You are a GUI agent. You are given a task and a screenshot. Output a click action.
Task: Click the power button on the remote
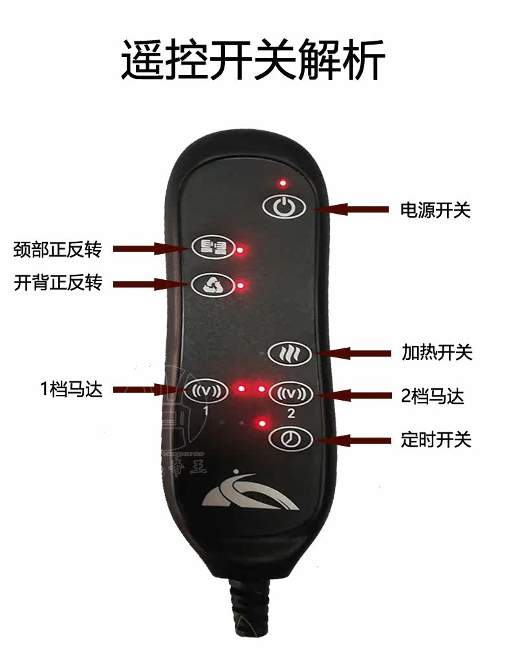[283, 207]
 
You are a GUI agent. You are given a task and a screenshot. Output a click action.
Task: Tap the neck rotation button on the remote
[210, 246]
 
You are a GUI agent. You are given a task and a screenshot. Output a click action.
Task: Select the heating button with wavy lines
[290, 353]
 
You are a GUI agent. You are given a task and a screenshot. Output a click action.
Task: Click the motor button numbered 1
[206, 390]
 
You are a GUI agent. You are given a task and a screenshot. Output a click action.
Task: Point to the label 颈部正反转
[57, 249]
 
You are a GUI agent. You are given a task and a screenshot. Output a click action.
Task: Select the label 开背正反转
[57, 283]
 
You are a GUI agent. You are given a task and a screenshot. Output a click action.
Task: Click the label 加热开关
[437, 353]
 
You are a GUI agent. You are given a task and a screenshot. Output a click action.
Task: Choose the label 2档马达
[432, 396]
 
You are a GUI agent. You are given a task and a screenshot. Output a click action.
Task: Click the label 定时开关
[436, 441]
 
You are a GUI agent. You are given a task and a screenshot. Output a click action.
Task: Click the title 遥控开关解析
[253, 60]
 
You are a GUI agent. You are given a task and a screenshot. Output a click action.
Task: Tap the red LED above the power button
[283, 184]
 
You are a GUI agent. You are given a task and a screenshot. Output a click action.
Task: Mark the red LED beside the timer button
[262, 424]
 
